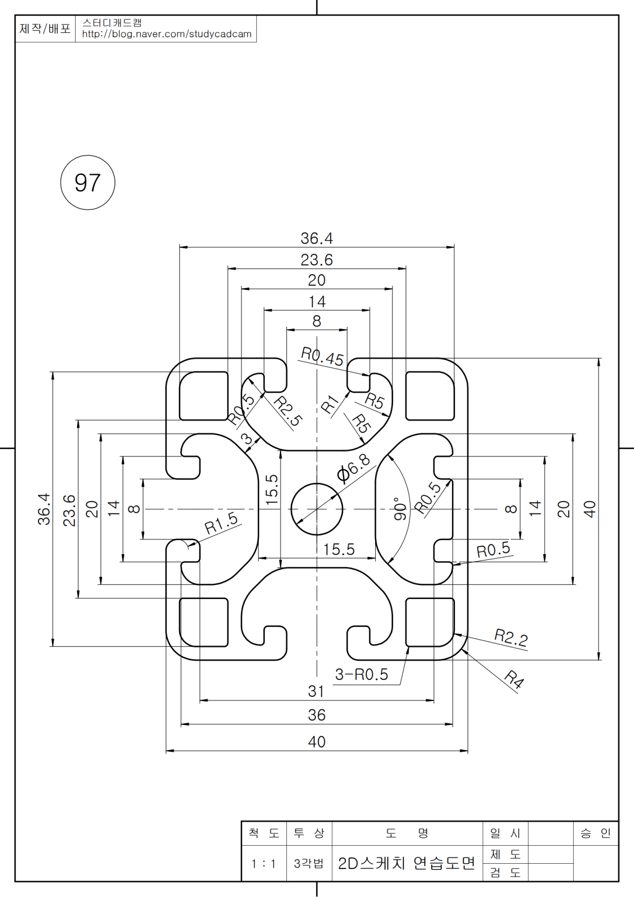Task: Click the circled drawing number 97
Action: click(88, 183)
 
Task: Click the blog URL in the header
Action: click(166, 34)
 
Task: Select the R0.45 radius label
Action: click(322, 357)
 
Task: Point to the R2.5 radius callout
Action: click(288, 411)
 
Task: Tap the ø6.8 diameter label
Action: click(353, 468)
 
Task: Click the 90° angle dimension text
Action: click(400, 509)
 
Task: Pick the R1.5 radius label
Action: click(221, 523)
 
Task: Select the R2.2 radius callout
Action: click(511, 638)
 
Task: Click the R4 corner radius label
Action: click(514, 679)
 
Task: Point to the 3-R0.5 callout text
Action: click(361, 675)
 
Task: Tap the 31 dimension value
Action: click(316, 691)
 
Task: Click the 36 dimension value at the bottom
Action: click(316, 715)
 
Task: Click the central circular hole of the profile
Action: click(317, 509)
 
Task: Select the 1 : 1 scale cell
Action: click(264, 864)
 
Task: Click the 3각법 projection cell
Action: click(309, 864)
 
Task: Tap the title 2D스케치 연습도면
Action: click(407, 863)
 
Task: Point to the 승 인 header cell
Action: click(595, 834)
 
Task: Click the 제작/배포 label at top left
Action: click(45, 29)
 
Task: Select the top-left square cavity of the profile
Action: click(204, 396)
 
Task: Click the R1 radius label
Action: click(330, 405)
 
